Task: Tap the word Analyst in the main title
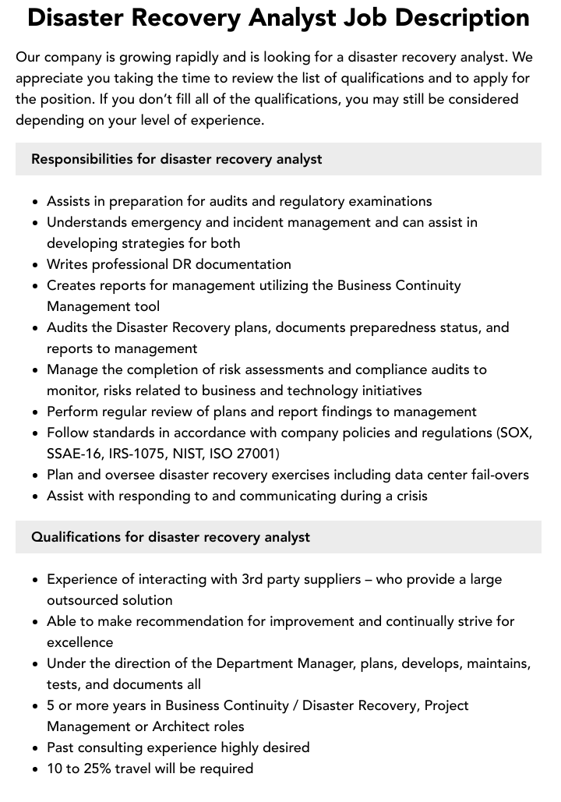coord(302,19)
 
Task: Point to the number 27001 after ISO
coord(257,454)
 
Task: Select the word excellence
coord(80,642)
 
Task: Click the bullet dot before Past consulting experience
coord(36,748)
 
